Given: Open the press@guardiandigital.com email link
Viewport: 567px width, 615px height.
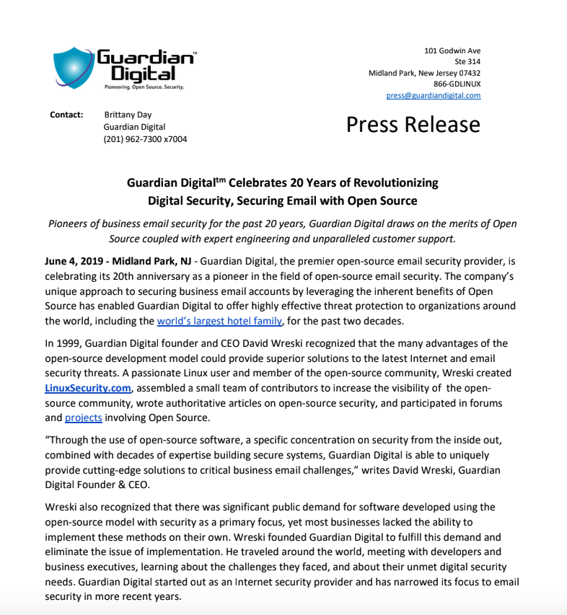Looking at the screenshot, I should pyautogui.click(x=433, y=95).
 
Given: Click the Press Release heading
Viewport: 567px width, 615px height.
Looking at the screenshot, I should pyautogui.click(x=413, y=125).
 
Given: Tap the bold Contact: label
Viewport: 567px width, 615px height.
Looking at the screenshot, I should pyautogui.click(x=66, y=115).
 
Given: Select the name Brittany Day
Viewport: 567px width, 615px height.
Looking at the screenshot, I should pyautogui.click(x=128, y=115).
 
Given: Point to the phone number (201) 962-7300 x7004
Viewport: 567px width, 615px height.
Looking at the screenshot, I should pyautogui.click(x=145, y=139).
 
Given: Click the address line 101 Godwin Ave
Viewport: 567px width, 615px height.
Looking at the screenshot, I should pyautogui.click(x=452, y=50).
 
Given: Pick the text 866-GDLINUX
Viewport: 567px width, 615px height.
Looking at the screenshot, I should pyautogui.click(x=457, y=84).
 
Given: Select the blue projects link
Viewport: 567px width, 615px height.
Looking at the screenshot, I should pyautogui.click(x=84, y=417).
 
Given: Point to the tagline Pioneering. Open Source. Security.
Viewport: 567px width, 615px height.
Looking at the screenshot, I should pyautogui.click(x=144, y=87).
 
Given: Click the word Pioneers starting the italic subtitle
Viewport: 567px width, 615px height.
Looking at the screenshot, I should pyautogui.click(x=71, y=224).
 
